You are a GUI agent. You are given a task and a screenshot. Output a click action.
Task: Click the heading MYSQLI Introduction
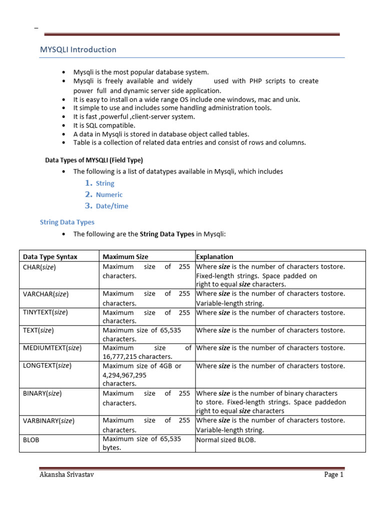point(78,49)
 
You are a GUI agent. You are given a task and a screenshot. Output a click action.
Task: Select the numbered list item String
point(105,183)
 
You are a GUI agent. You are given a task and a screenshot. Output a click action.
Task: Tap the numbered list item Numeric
point(109,194)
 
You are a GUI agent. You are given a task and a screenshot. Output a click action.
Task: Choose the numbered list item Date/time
point(112,206)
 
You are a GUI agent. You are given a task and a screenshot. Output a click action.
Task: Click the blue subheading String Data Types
point(67,222)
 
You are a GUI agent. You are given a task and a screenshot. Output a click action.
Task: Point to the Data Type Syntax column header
point(50,256)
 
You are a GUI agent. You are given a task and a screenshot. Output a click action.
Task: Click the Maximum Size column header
point(125,256)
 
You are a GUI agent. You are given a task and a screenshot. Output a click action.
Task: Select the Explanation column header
point(214,256)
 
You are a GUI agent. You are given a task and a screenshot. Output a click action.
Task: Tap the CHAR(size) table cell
point(39,267)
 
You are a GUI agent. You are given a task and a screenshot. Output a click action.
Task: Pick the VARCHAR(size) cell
point(45,294)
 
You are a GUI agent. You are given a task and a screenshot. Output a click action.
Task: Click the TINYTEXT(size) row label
point(45,312)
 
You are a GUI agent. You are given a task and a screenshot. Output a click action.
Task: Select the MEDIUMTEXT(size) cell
point(52,347)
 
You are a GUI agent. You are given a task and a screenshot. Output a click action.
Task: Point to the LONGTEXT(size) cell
point(47,365)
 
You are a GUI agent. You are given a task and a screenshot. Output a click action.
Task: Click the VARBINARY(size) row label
point(48,421)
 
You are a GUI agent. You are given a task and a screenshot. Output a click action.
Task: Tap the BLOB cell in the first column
point(31,440)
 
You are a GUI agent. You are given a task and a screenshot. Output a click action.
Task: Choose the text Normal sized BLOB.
point(225,440)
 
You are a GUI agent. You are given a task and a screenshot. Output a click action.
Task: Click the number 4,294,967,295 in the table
point(124,374)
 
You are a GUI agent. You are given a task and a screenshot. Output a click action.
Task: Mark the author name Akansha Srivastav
point(66,475)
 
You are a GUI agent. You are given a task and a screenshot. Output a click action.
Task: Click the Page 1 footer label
point(333,475)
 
